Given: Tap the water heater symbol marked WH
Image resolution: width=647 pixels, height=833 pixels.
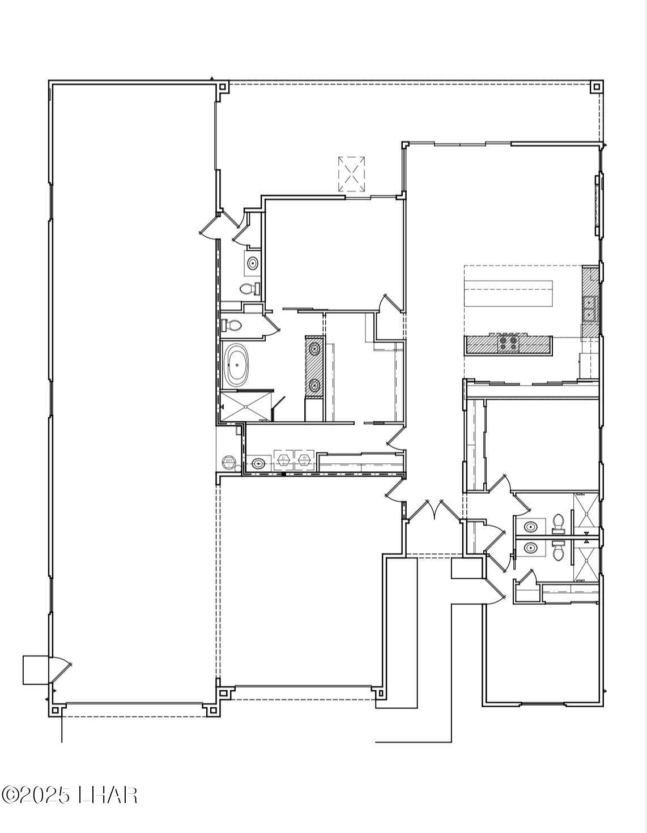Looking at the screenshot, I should pyautogui.click(x=229, y=460).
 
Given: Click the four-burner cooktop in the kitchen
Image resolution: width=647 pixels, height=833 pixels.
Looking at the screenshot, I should pyautogui.click(x=507, y=342).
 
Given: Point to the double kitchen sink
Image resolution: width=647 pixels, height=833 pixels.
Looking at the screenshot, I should pyautogui.click(x=589, y=308).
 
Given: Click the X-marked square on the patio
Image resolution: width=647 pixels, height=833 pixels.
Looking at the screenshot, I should pyautogui.click(x=351, y=174).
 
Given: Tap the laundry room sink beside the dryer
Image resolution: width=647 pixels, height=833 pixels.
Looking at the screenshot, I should pyautogui.click(x=258, y=464).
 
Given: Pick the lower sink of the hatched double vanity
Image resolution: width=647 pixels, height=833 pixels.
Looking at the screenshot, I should pyautogui.click(x=314, y=386).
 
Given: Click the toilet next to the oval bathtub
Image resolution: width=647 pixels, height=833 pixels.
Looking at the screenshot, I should pyautogui.click(x=232, y=325).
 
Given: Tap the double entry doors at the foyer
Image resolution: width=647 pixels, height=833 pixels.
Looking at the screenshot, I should pyautogui.click(x=435, y=510).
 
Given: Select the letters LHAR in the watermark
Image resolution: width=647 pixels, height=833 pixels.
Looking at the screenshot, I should pyautogui.click(x=108, y=794).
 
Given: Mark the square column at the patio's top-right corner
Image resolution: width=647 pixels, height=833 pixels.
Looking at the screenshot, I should pyautogui.click(x=596, y=87).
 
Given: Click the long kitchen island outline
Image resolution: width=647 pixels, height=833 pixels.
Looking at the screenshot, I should pyautogui.click(x=509, y=293).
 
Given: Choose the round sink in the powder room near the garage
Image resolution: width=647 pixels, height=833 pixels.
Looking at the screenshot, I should pyautogui.click(x=252, y=263).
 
